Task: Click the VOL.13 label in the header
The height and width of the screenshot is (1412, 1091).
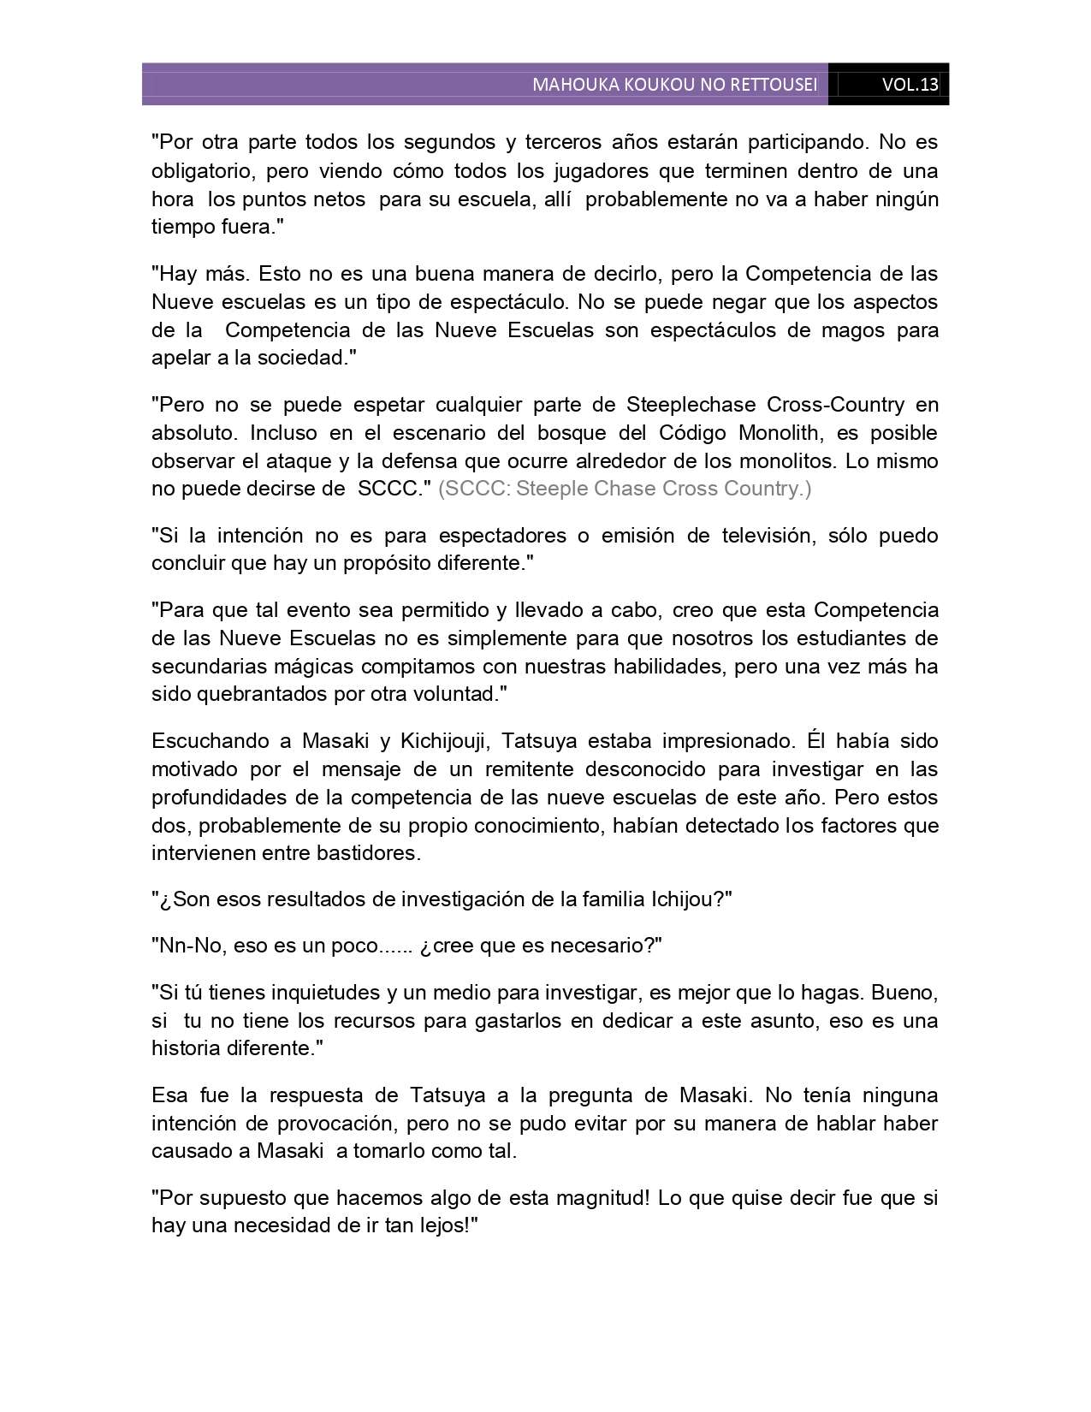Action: pyautogui.click(x=910, y=85)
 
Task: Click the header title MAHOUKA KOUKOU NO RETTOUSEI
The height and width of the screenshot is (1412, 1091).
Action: pyautogui.click(x=674, y=85)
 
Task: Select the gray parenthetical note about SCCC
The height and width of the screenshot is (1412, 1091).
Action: pyautogui.click(x=624, y=489)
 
